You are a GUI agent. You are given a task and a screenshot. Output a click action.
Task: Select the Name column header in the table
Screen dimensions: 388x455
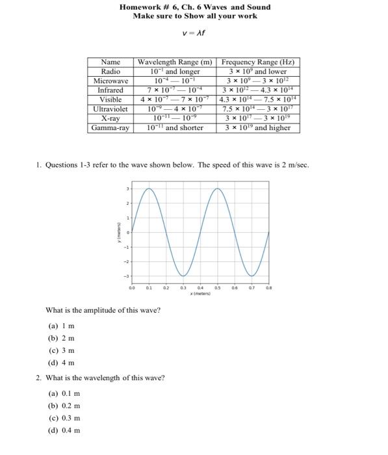tap(110, 62)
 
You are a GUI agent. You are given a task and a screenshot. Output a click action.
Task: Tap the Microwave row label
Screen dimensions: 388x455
tap(110, 81)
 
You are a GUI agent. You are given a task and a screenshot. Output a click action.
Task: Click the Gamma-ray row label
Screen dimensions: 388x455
tap(110, 127)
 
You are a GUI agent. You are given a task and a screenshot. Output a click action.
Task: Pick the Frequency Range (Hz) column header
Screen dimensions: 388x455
tap(258, 62)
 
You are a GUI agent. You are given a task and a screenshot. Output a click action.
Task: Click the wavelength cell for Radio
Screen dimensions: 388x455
tap(175, 71)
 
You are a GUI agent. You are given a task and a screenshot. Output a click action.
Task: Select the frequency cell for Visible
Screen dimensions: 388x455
tap(258, 99)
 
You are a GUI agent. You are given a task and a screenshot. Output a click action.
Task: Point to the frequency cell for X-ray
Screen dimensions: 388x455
tap(258, 118)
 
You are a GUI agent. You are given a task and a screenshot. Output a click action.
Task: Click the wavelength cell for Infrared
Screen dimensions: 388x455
tap(175, 90)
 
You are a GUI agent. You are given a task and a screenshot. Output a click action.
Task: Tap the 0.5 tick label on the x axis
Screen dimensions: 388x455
tap(218, 287)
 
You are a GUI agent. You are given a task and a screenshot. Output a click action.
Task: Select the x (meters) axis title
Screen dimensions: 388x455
tap(200, 294)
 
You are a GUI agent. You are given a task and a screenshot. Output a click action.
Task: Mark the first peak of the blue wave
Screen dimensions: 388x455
tap(149, 189)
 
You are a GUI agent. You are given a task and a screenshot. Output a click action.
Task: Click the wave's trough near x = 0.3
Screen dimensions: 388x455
tap(184, 275)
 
